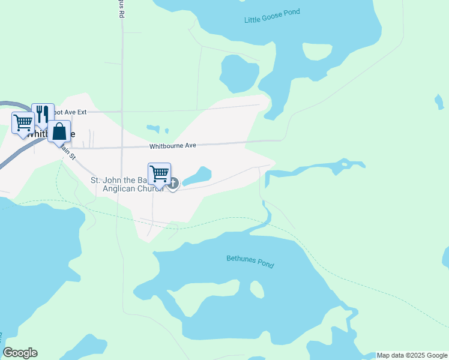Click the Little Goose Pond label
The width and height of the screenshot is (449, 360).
272,16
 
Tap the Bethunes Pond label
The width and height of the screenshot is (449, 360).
250,262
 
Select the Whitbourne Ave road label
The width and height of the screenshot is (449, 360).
173,146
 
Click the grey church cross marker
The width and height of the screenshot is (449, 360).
173,183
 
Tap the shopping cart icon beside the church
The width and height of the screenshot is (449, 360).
160,174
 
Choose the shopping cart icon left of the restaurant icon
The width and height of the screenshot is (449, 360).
23,122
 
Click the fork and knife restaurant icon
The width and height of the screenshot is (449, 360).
42,113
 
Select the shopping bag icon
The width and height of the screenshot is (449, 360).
59,132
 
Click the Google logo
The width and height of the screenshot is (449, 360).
20,353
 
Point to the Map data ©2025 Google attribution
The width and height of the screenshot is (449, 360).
412,355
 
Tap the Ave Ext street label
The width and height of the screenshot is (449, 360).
71,112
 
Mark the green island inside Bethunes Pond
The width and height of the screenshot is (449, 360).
256,289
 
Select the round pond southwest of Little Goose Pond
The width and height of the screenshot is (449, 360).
238,73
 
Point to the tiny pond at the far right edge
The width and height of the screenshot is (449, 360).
445,257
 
